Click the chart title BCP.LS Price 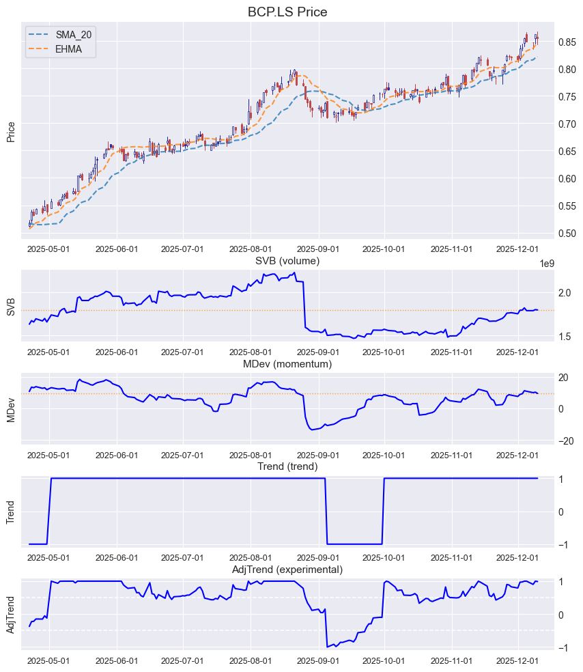(x=291, y=12)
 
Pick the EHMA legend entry (x=68, y=49)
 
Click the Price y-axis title (x=11, y=131)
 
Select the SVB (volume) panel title (x=287, y=261)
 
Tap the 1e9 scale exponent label (x=547, y=264)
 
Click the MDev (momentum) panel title (x=287, y=364)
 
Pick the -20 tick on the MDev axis (x=566, y=440)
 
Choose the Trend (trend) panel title (x=287, y=466)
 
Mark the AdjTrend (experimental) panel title (x=287, y=570)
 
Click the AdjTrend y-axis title (x=11, y=615)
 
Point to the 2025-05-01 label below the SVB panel (x=48, y=352)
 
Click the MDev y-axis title (x=11, y=408)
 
